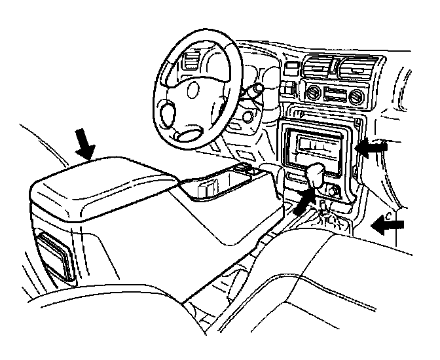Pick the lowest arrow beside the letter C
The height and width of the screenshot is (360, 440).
pos(389,226)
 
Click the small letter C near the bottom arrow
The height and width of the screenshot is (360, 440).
pos(388,213)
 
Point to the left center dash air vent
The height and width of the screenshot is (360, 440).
pos(317,67)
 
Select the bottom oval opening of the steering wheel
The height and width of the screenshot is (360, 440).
pos(190,135)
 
